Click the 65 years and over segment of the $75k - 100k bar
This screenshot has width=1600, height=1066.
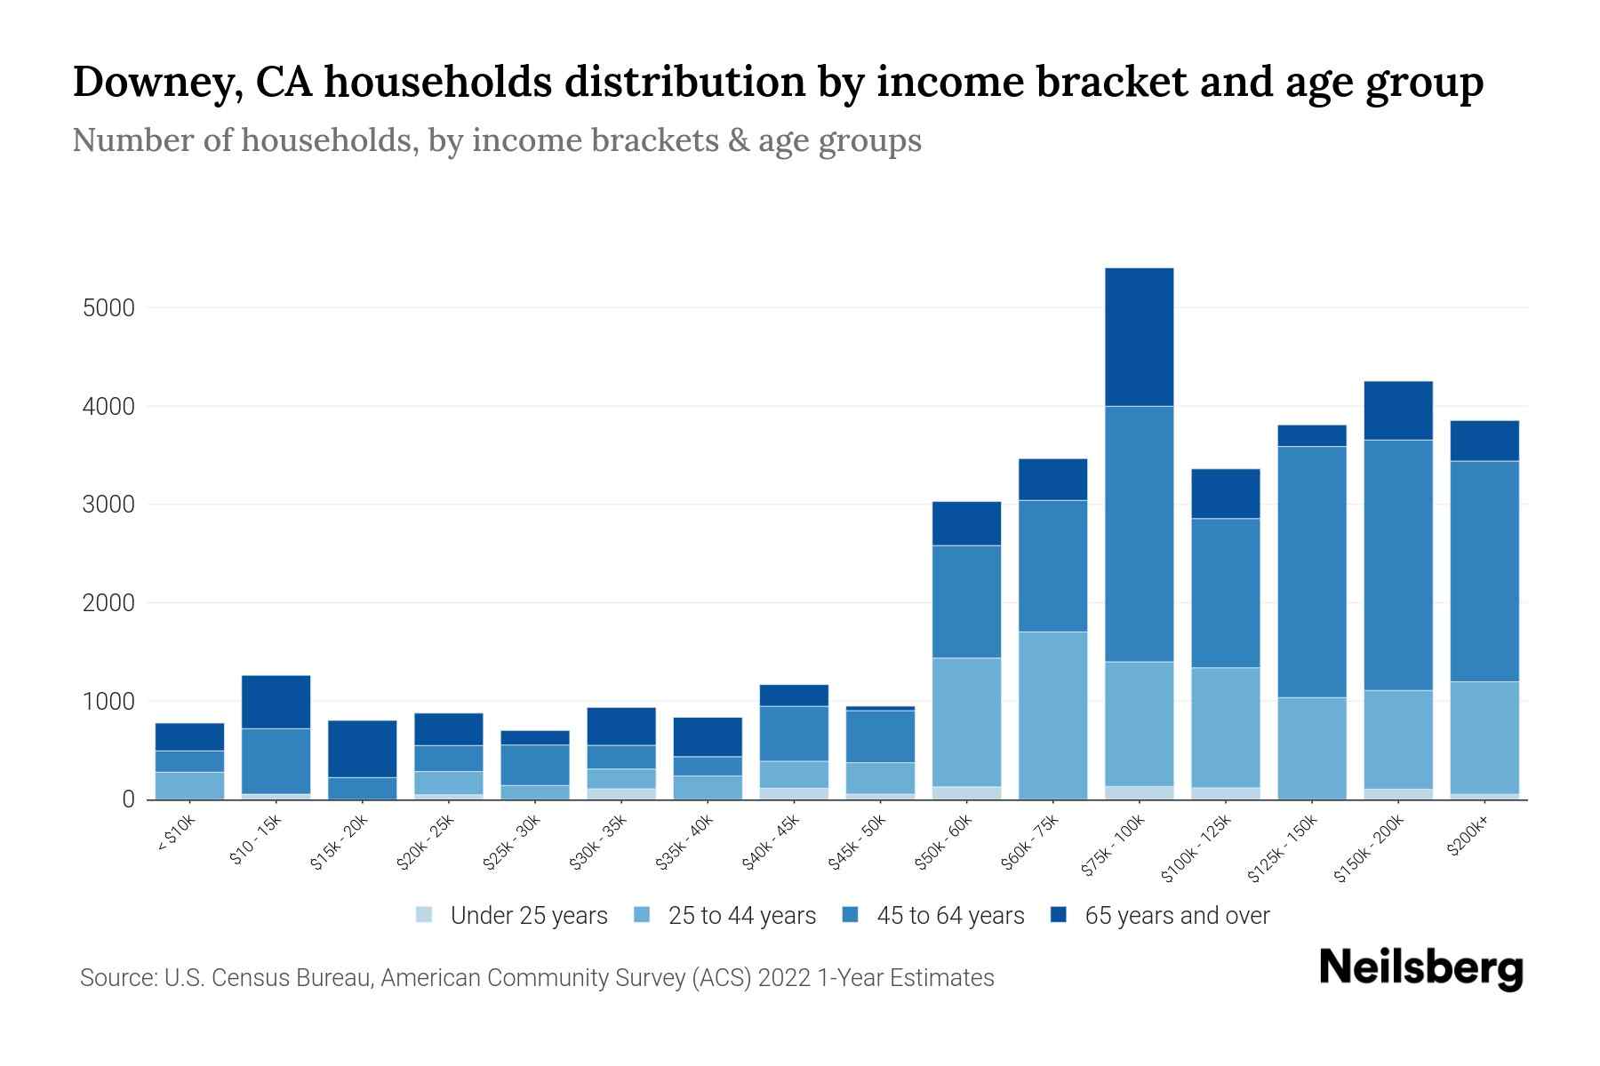pos(1139,337)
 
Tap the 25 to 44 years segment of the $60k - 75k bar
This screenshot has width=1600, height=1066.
pos(1052,715)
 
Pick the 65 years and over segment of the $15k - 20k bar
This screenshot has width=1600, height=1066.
pos(362,748)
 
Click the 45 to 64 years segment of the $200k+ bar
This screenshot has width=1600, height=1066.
pos(1484,570)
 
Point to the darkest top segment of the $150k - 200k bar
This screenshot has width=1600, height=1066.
pos(1397,410)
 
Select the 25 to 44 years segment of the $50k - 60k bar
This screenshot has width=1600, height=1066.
pos(966,721)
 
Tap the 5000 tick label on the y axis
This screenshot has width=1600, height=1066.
pos(108,308)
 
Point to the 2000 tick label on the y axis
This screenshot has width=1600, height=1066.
pos(108,603)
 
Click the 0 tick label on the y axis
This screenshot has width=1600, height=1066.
pos(128,799)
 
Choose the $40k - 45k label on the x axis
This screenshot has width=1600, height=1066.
pos(771,842)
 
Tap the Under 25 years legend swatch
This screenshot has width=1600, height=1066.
pos(425,914)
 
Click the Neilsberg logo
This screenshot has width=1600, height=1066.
pos(1420,967)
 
